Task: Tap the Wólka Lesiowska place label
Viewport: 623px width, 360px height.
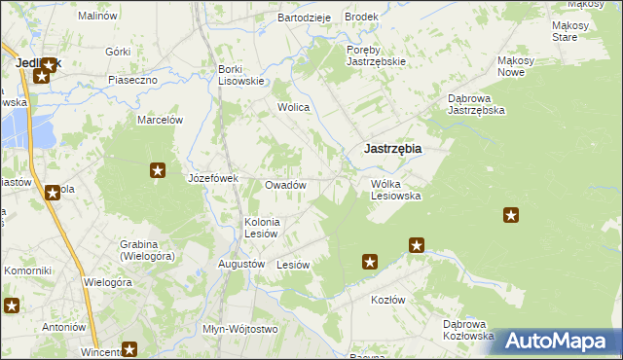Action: (x=395, y=189)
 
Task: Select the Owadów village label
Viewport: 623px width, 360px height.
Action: (x=286, y=185)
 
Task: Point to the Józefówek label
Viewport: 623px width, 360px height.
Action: (x=213, y=178)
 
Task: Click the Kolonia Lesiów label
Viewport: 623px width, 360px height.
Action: (x=262, y=227)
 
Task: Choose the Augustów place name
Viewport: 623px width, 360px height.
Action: (x=241, y=264)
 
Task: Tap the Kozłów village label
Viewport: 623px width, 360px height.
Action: (x=387, y=300)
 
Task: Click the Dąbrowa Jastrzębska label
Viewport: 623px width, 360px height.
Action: (x=476, y=104)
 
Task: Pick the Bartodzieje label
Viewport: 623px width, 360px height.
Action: (x=305, y=18)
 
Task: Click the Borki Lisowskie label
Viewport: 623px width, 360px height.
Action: (x=241, y=75)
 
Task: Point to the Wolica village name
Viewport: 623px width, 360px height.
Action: (x=293, y=107)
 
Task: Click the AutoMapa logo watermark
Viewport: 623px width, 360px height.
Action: (x=556, y=341)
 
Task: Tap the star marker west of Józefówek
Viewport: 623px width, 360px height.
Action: (x=158, y=172)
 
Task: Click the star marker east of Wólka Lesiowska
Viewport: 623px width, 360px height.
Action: (x=510, y=215)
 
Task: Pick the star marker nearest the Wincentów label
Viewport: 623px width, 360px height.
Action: (x=129, y=349)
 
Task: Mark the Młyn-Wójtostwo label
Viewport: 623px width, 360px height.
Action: (x=239, y=329)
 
